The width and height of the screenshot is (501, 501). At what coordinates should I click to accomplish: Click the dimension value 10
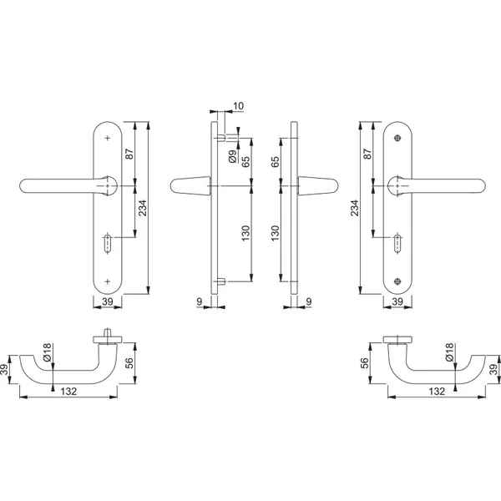[238, 105]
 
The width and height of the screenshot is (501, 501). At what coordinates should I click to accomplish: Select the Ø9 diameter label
[233, 156]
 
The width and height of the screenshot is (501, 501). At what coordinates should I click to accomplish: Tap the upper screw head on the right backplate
[397, 138]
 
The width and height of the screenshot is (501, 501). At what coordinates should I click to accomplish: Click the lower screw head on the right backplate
[397, 281]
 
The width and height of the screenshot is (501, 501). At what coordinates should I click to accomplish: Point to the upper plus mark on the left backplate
[108, 138]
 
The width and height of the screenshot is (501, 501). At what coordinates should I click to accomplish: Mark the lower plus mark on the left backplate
[108, 281]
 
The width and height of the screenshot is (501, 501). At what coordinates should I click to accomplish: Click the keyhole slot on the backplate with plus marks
[108, 244]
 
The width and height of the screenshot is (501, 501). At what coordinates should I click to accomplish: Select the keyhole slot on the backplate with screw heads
[397, 244]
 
